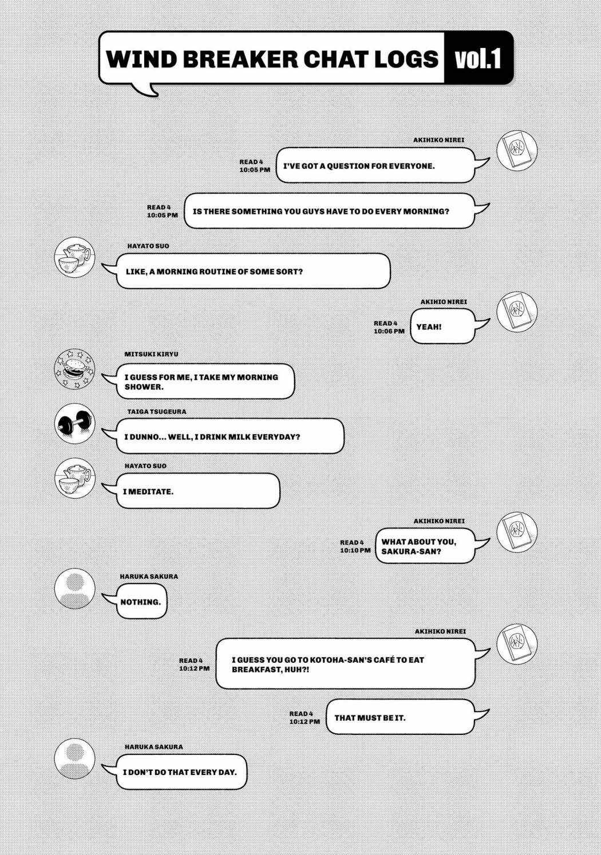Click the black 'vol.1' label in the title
click(478, 58)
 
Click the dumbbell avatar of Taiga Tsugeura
click(74, 424)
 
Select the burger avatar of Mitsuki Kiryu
click(74, 369)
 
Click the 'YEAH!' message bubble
click(443, 327)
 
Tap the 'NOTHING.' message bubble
click(141, 602)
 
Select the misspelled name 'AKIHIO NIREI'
click(444, 301)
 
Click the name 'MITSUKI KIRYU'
click(151, 354)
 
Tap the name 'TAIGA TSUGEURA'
click(157, 412)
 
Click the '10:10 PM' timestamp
click(355, 550)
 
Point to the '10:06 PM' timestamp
click(389, 331)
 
